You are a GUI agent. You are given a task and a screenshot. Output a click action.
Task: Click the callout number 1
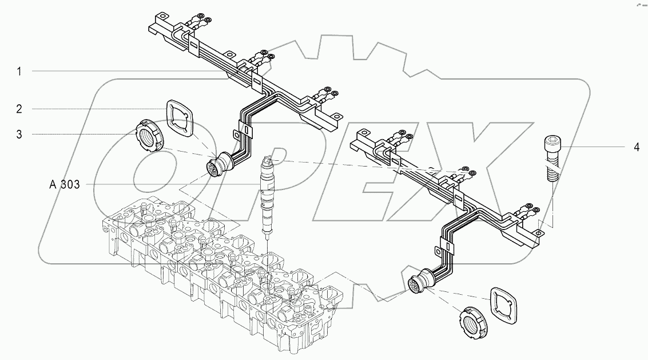coord(19,72)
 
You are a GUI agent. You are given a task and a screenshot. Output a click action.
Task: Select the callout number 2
coord(19,109)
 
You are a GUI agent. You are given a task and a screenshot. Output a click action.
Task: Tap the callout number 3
coord(19,134)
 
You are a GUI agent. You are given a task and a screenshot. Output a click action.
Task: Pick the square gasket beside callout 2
coord(180,118)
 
